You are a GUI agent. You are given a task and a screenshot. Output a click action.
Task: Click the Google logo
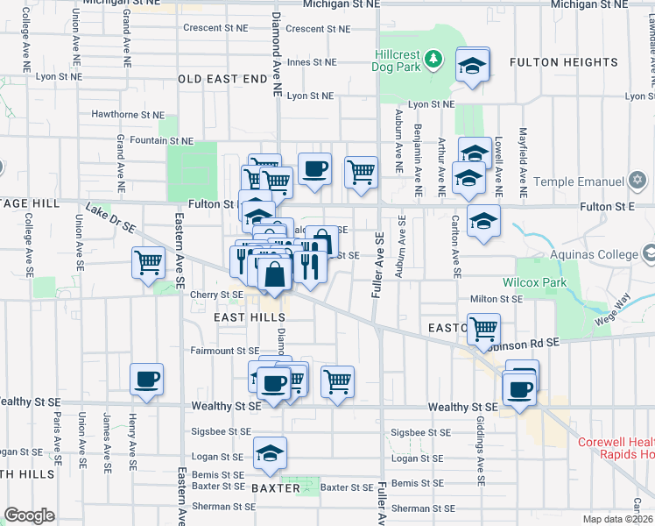pos(29,515)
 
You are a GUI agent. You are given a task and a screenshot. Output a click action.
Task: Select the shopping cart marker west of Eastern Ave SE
pos(148,261)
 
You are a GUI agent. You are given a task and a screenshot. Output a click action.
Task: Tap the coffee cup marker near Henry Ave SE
pos(146,379)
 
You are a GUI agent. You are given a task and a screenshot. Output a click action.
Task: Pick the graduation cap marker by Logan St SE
pos(270,452)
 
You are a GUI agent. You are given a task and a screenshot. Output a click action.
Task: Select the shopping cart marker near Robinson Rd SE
pos(482,330)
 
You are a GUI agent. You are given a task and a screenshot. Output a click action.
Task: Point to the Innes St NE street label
pos(312,62)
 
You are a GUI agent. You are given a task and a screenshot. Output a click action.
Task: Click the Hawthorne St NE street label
pos(128,114)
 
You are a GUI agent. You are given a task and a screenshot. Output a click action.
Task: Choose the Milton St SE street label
pos(496,299)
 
